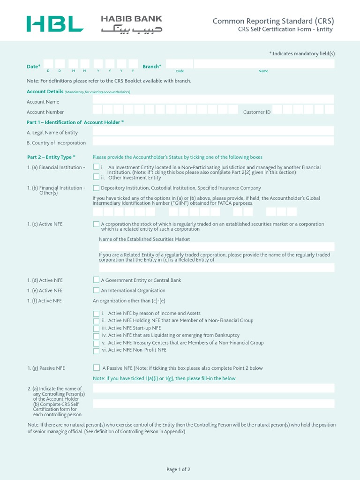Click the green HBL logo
pyautogui.click(x=55, y=24)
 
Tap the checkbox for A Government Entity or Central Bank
pyautogui.click(x=96, y=280)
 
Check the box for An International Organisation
pyautogui.click(x=96, y=290)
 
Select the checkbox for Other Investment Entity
pyautogui.click(x=96, y=177)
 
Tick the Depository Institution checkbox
pyautogui.click(x=96, y=187)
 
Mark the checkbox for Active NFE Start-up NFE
pyautogui.click(x=96, y=329)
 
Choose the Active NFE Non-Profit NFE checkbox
pyautogui.click(x=96, y=351)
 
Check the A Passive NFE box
pyautogui.click(x=96, y=368)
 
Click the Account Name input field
pyautogui.click(x=213, y=99)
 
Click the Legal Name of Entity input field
pyautogui.click(x=213, y=131)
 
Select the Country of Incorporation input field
pyautogui.click(x=213, y=141)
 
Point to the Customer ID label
pyautogui.click(x=257, y=112)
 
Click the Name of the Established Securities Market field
pyautogui.click(x=217, y=247)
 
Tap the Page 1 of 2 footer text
pyautogui.click(x=179, y=469)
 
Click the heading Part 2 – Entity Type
pyautogui.click(x=51, y=157)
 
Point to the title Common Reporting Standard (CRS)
pyautogui.click(x=273, y=21)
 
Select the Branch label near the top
pyautogui.click(x=152, y=67)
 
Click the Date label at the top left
pyautogui.click(x=33, y=67)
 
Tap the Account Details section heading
pyautogui.click(x=45, y=91)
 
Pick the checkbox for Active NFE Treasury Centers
pyautogui.click(x=96, y=344)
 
